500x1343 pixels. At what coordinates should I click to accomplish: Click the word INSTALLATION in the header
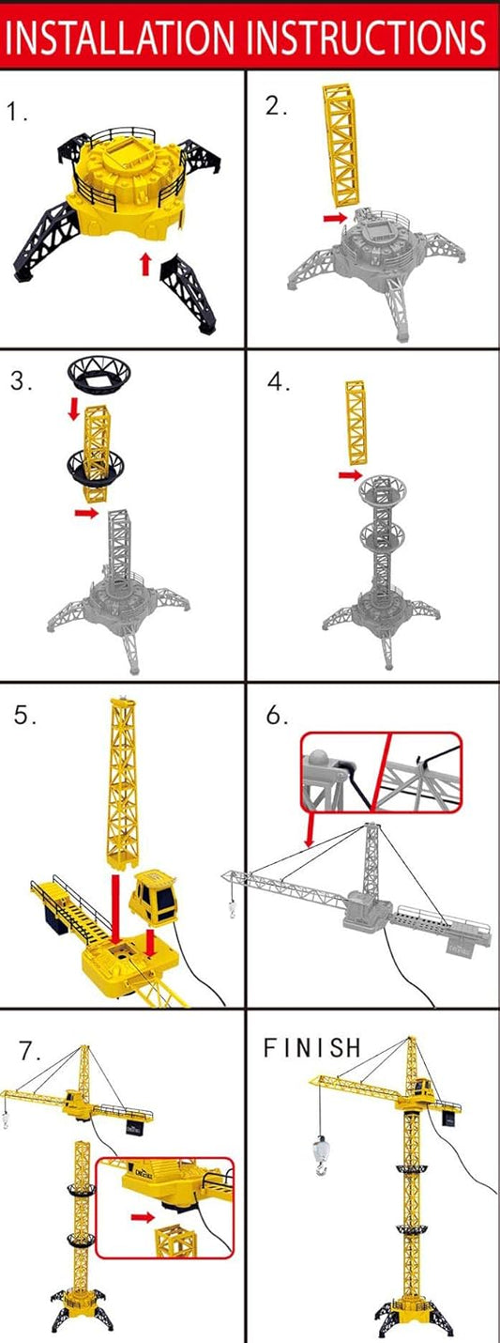(x=124, y=35)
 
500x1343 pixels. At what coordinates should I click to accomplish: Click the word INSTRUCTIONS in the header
(x=368, y=35)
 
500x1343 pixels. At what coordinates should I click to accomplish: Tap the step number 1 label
(x=18, y=114)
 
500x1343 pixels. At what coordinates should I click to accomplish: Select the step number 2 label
(x=277, y=106)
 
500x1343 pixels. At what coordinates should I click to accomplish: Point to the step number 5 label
(x=25, y=716)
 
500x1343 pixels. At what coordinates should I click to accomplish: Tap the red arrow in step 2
(x=333, y=218)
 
